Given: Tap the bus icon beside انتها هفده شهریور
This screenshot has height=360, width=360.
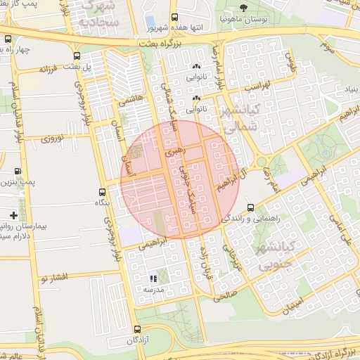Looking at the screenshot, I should click(175, 18).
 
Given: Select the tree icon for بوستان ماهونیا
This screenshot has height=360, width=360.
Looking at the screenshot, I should click(243, 8).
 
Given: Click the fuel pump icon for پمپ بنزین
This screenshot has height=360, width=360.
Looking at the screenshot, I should click(18, 171).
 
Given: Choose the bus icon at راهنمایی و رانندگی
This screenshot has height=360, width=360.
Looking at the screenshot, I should click(251, 207).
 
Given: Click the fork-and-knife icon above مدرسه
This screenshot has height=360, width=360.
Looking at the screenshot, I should click(153, 278).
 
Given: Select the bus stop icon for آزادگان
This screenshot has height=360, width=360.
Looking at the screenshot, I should click(136, 329).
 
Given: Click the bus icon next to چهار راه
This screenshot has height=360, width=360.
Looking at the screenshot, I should click(7, 49).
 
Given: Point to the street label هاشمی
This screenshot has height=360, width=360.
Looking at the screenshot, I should click(130, 102).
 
